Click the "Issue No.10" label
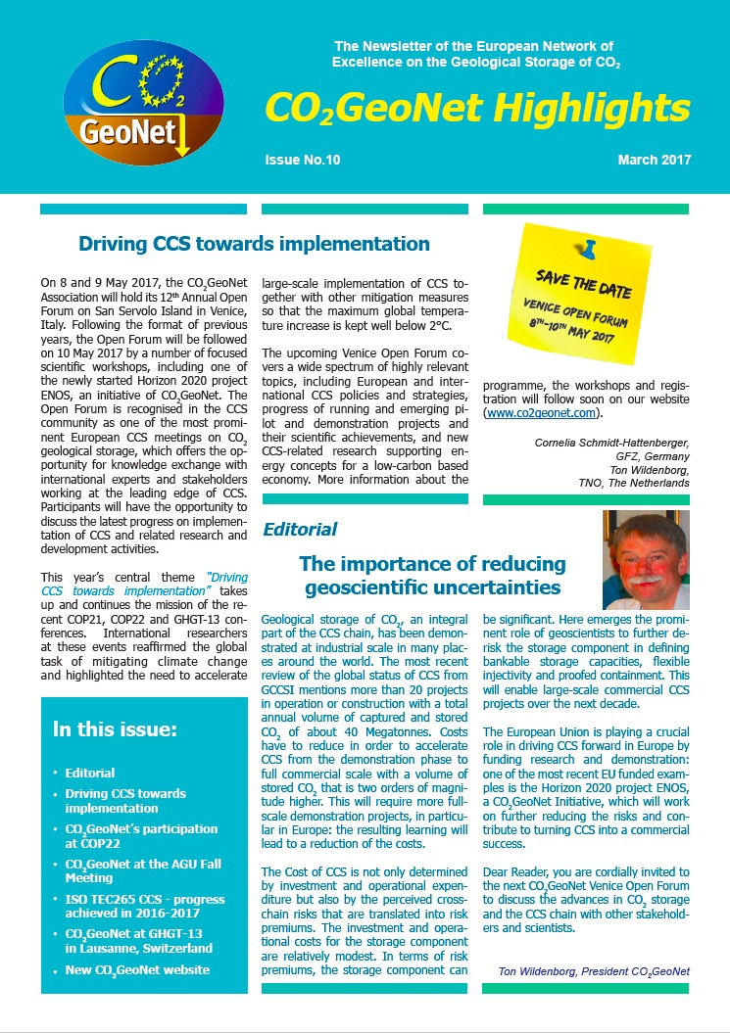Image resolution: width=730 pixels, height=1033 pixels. pos(302,161)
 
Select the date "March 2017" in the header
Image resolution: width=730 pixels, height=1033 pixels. pos(655,161)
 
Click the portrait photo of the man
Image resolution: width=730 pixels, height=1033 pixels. pos(645,559)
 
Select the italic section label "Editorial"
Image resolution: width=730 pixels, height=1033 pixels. pos(300,530)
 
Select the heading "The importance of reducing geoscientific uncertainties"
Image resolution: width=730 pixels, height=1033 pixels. pos(432,576)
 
